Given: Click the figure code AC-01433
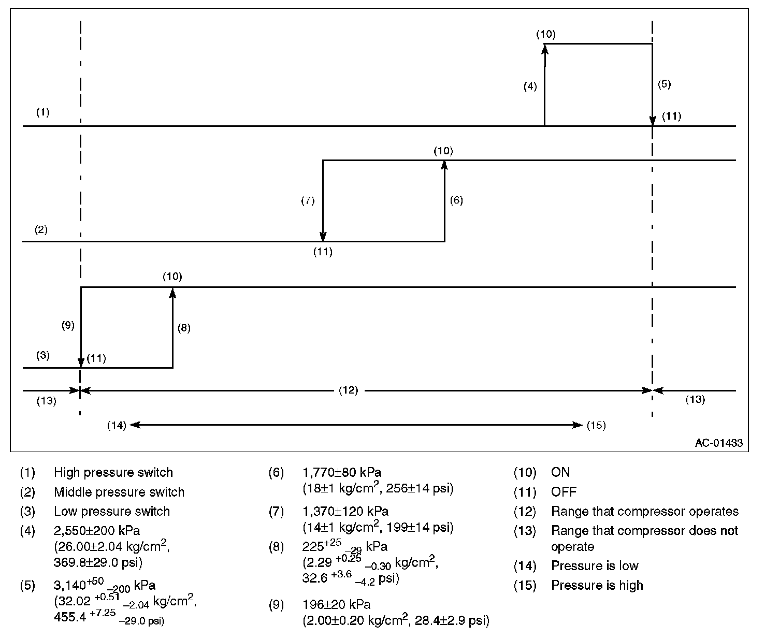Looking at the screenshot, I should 718,443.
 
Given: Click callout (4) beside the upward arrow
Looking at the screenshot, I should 530,87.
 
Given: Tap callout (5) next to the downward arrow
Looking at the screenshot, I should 664,84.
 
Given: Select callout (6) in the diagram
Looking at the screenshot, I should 456,200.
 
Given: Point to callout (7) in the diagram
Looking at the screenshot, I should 308,201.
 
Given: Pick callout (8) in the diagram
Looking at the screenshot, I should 184,328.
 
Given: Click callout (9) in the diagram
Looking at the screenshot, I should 68,325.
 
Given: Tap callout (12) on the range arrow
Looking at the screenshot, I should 348,390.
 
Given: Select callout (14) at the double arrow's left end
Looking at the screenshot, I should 117,426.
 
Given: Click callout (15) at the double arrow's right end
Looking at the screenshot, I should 596,426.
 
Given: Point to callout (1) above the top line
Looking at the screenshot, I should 43,112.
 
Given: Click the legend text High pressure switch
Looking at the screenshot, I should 113,472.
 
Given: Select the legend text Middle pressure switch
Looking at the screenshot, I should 119,492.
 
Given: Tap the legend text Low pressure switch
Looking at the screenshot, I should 112,511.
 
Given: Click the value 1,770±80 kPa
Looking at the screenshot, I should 341,472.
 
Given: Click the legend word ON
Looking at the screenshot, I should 560,472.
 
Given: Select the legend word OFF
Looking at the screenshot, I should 564,492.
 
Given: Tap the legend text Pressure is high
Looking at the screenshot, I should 597,585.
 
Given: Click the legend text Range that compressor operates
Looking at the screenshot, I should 644,512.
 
